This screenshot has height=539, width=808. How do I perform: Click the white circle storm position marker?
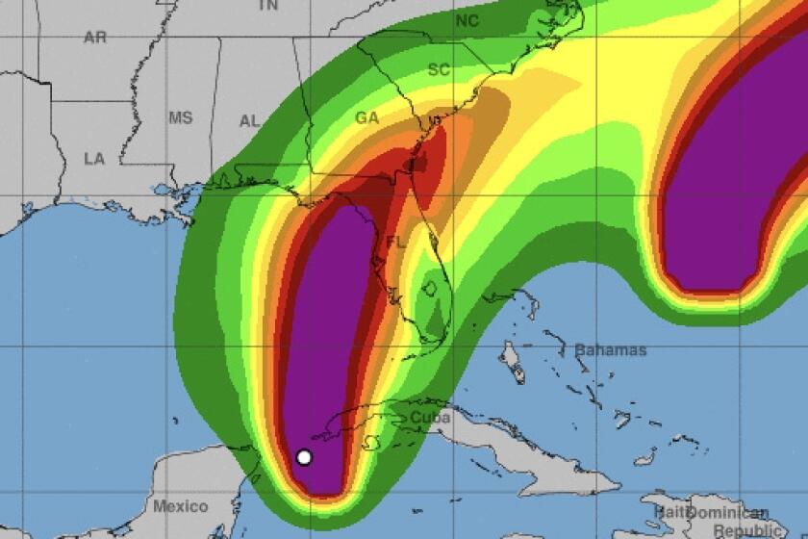304,457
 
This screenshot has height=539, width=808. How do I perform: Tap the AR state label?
95,38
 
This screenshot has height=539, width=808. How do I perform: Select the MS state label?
181,118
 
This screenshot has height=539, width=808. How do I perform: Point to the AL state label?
249,120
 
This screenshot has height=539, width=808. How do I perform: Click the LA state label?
94,159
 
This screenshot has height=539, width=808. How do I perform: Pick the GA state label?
366,117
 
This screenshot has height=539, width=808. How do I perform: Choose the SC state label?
439,69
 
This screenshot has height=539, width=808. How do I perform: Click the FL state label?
395,242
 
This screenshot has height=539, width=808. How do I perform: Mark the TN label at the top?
268,5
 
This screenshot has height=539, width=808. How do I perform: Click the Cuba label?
430,418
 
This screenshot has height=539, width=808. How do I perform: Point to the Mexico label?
181,506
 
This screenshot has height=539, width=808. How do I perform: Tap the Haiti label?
664,512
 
